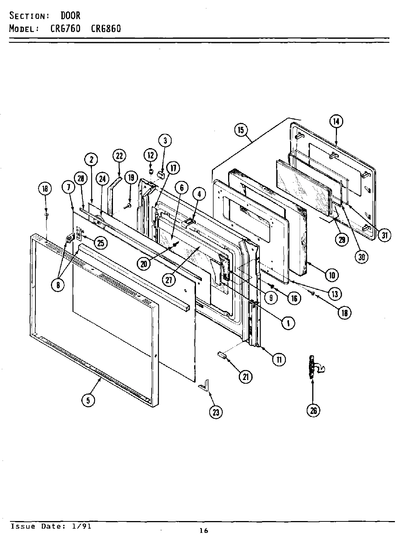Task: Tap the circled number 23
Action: click(216, 412)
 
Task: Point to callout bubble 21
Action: click(245, 376)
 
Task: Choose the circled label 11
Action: click(279, 359)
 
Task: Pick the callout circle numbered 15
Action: click(241, 130)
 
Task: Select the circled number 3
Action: click(165, 140)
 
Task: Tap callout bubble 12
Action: click(150, 155)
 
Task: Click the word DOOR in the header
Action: click(70, 16)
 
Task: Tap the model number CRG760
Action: click(65, 28)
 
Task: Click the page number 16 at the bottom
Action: click(204, 531)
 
